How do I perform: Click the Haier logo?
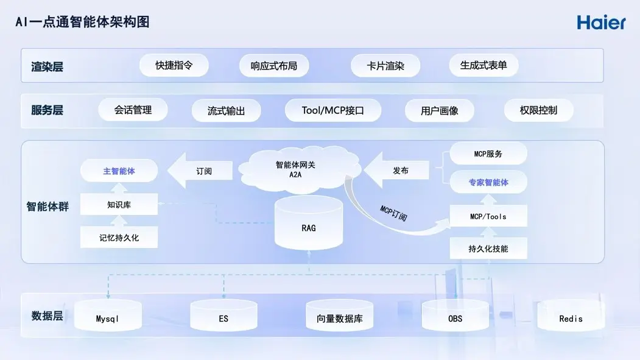(x=601, y=23)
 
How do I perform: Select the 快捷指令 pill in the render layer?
(x=174, y=65)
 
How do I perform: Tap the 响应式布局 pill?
(x=273, y=66)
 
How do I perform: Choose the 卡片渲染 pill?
(x=385, y=66)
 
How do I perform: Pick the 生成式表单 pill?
(x=484, y=65)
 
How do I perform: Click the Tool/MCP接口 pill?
(x=332, y=110)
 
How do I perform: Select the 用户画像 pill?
(x=439, y=111)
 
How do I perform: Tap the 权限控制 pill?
(x=538, y=110)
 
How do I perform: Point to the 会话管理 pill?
(x=133, y=110)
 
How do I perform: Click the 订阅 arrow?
(x=201, y=171)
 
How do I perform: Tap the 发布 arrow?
(x=398, y=171)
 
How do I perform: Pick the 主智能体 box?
(x=119, y=171)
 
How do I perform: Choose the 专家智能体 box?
(x=488, y=182)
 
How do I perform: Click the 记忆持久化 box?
(x=119, y=238)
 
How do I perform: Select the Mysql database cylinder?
(x=108, y=317)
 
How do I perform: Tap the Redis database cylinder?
(x=571, y=317)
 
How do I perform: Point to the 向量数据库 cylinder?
(x=339, y=317)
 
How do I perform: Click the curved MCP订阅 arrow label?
(x=393, y=213)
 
